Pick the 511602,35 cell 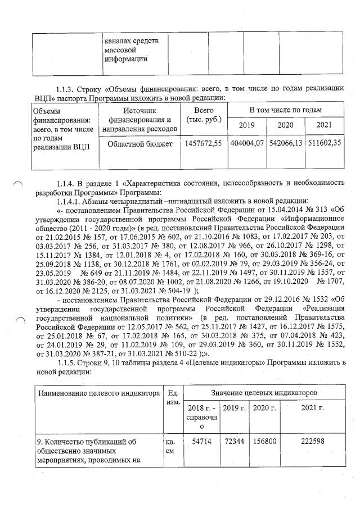pyautogui.click(x=325, y=144)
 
